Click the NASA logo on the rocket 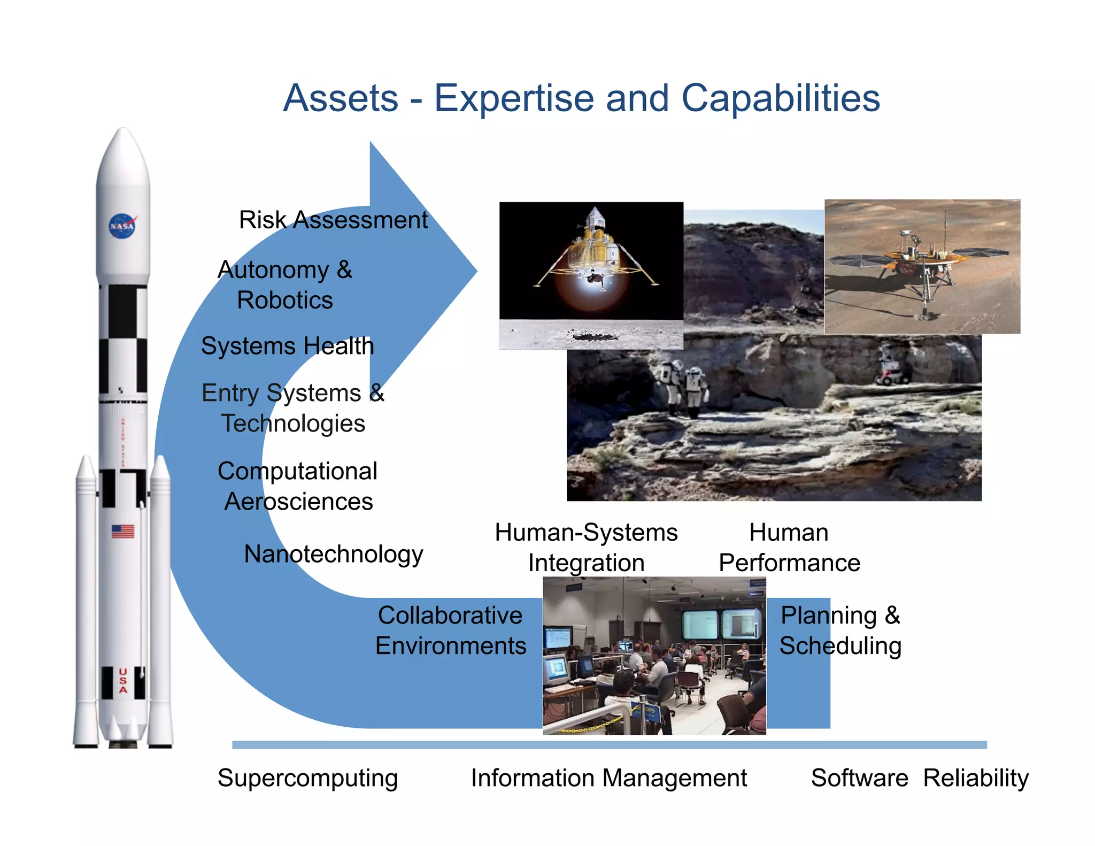click(122, 226)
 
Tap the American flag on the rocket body click(122, 531)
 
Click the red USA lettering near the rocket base click(123, 681)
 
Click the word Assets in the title click(341, 98)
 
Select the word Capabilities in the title click(780, 98)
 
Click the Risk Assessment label click(333, 220)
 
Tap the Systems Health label click(287, 346)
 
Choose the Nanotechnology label click(333, 553)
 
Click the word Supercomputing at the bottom click(307, 778)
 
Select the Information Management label click(608, 778)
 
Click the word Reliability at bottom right click(975, 778)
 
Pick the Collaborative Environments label click(450, 630)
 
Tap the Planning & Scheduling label click(840, 630)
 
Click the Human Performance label click(789, 548)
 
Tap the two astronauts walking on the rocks click(682, 388)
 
